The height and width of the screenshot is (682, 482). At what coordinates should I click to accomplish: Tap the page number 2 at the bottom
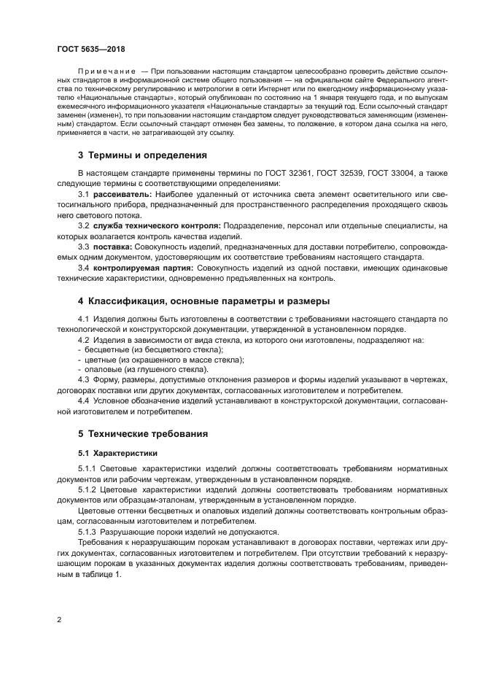click(x=59, y=620)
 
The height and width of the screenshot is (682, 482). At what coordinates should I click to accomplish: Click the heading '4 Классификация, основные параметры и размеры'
click(x=194, y=301)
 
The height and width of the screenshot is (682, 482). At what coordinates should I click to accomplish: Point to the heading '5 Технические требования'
click(x=142, y=433)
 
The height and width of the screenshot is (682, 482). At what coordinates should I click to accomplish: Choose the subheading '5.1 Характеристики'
click(x=112, y=453)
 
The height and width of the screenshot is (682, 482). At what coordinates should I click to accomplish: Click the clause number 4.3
click(x=83, y=380)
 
